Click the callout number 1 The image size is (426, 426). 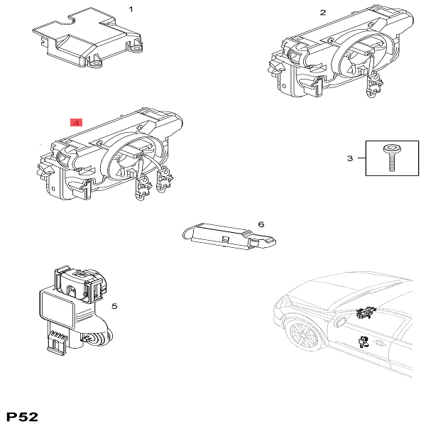[x=131, y=9]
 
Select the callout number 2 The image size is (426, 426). [x=323, y=13]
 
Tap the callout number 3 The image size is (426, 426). [x=350, y=158]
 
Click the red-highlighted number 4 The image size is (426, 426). [x=77, y=123]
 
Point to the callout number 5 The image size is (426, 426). [x=114, y=306]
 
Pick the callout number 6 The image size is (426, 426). [x=261, y=224]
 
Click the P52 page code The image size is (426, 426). [x=22, y=417]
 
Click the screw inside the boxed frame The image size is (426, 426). [x=391, y=158]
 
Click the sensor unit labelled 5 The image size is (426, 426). [x=75, y=310]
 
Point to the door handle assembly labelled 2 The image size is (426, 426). [x=340, y=52]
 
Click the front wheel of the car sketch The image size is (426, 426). [x=304, y=335]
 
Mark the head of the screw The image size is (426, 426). [x=390, y=148]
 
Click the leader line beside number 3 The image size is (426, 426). [x=361, y=158]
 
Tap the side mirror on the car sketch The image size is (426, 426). [x=341, y=322]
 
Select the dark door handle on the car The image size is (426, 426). [x=366, y=313]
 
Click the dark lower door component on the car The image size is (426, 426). [x=364, y=342]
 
